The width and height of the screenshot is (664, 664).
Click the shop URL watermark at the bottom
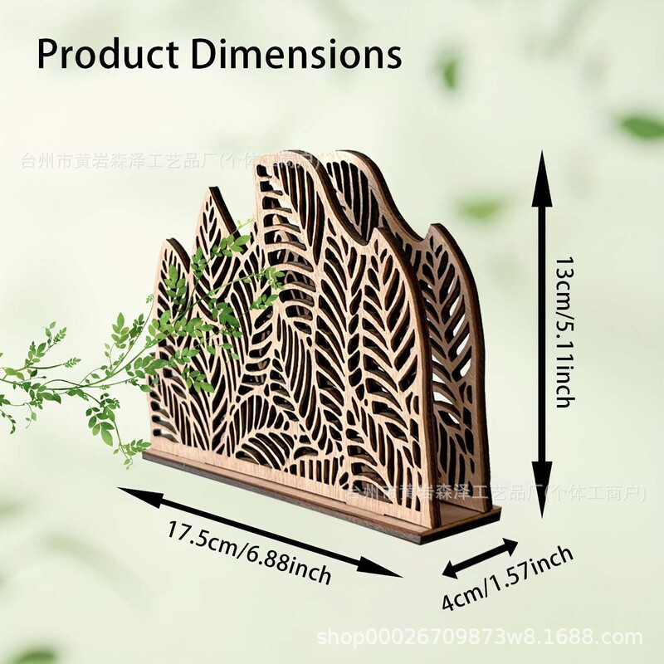(x=481, y=637)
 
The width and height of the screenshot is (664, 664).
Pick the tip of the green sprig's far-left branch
(x=5, y=375)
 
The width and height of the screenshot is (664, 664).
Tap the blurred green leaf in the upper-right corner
(x=643, y=125)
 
